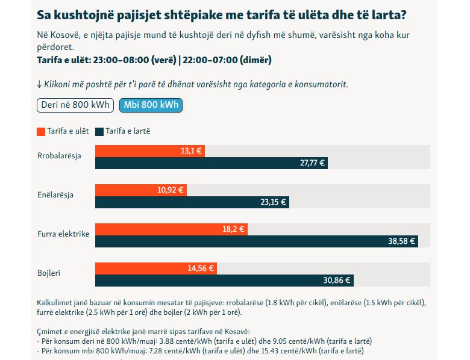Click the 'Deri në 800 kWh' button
point(75,105)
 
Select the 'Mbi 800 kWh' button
point(151,105)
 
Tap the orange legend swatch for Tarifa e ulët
point(41,131)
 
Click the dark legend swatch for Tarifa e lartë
point(101,131)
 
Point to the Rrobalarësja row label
point(59,156)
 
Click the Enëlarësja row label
point(55,196)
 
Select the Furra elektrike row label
point(63,234)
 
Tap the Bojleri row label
point(49,273)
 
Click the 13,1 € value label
point(191,151)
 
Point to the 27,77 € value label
point(312,163)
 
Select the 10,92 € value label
point(171,190)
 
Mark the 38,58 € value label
point(403,241)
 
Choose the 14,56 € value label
point(201,268)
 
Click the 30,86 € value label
point(337,280)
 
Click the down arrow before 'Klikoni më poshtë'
point(39,84)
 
